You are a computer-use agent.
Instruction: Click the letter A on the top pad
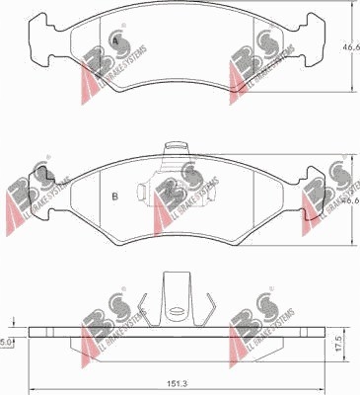[x=115, y=41]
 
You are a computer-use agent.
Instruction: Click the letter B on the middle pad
[x=115, y=196]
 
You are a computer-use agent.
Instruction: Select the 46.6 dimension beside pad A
[x=349, y=46]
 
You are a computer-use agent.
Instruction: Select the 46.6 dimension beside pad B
[x=349, y=198]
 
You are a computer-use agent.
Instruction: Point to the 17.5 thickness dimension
[x=337, y=345]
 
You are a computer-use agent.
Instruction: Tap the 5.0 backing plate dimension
[x=7, y=342]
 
